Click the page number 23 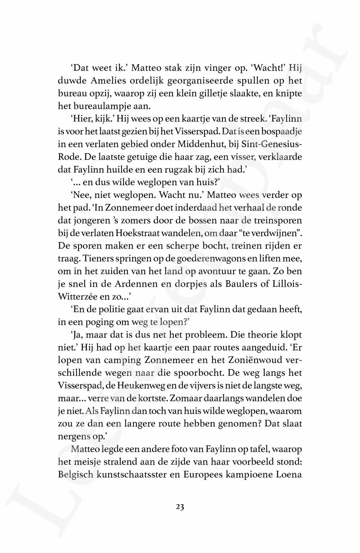click(x=180, y=507)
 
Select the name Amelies click(x=100, y=81)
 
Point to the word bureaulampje click(x=98, y=106)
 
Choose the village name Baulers click(x=241, y=284)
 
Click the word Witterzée click(x=78, y=297)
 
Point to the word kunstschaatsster click(x=136, y=474)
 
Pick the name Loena click(x=288, y=474)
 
